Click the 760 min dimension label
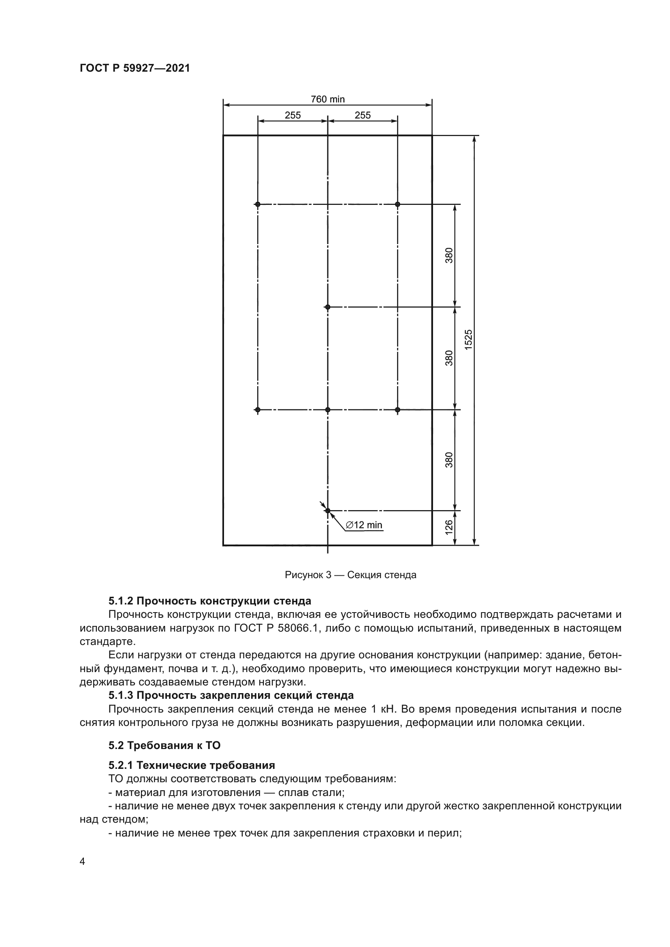pyautogui.click(x=328, y=100)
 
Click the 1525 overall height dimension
pyautogui.click(x=468, y=340)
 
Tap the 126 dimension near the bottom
pyautogui.click(x=449, y=528)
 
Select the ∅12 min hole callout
pyautogui.click(x=364, y=525)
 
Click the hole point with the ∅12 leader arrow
pyautogui.click(x=328, y=511)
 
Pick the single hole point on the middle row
pyautogui.click(x=328, y=307)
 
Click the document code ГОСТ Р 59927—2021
pyautogui.click(x=134, y=68)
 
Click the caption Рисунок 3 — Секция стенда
pyautogui.click(x=350, y=575)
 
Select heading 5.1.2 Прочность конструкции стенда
pyautogui.click(x=209, y=600)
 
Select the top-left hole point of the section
pyautogui.click(x=258, y=204)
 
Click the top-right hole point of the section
pyautogui.click(x=398, y=204)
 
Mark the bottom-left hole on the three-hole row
pyautogui.click(x=258, y=410)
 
